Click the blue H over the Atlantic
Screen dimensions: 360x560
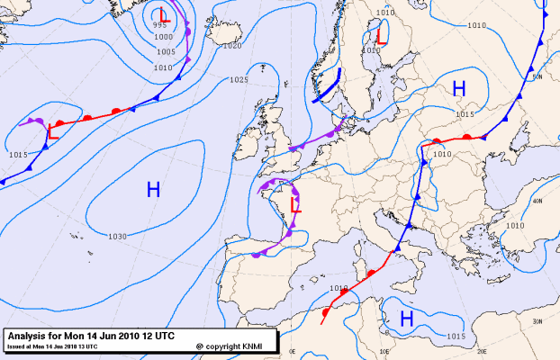click(153, 189)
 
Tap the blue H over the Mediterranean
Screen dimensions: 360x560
click(407, 319)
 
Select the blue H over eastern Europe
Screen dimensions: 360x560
click(459, 88)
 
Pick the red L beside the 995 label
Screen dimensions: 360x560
click(162, 15)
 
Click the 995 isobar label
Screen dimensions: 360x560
click(160, 26)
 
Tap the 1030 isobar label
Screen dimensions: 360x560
click(117, 237)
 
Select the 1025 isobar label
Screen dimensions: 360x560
click(239, 80)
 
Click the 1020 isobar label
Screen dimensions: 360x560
click(232, 45)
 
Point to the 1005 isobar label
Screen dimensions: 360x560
click(166, 52)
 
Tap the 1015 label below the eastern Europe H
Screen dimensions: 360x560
click(465, 114)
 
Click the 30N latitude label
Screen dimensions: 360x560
click(537, 321)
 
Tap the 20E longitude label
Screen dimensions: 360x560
click(483, 351)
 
